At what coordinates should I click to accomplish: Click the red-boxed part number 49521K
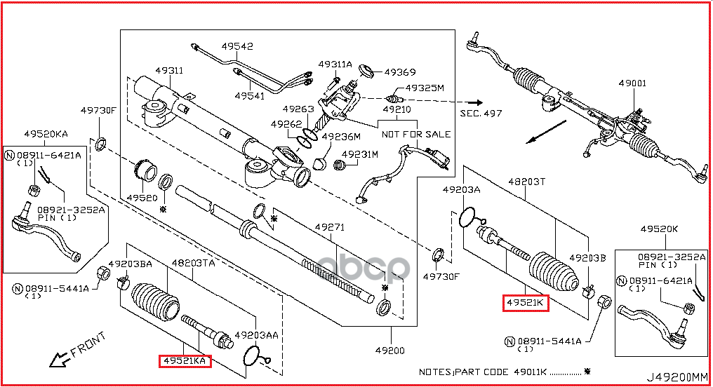(525, 303)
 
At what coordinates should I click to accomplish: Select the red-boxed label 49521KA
(185, 360)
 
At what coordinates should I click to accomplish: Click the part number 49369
(401, 72)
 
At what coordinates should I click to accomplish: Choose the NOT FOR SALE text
(416, 134)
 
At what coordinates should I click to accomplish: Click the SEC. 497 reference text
(481, 112)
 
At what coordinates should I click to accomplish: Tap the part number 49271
(330, 227)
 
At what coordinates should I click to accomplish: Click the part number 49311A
(335, 64)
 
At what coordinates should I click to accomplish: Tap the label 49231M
(360, 154)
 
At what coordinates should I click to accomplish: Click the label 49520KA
(46, 133)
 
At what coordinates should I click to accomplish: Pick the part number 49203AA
(256, 335)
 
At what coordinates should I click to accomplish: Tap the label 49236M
(342, 137)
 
